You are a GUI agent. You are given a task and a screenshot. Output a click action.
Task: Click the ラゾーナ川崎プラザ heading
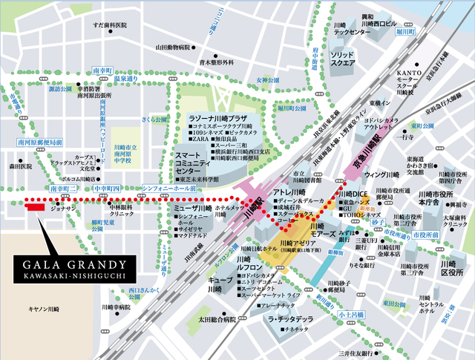[216, 119]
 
